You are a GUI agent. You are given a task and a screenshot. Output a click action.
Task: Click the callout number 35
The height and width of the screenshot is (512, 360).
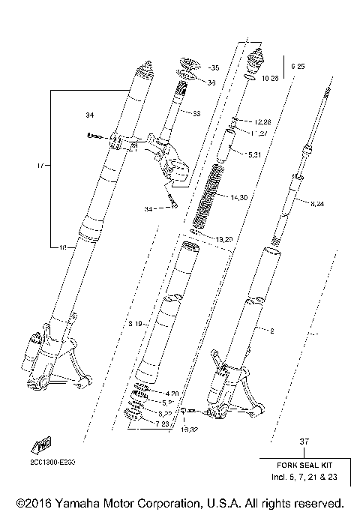[x=215, y=67]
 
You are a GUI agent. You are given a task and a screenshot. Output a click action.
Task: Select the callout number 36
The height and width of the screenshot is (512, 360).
[x=211, y=82]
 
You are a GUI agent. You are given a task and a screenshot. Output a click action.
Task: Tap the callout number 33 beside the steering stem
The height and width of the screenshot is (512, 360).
[x=196, y=114]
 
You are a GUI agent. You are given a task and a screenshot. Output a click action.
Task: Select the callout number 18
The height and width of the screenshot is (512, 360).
[x=63, y=247]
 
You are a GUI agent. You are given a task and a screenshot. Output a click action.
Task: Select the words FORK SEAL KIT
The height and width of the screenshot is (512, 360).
[x=304, y=466]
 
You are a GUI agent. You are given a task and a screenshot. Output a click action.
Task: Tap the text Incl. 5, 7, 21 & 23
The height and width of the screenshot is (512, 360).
[x=304, y=477]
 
